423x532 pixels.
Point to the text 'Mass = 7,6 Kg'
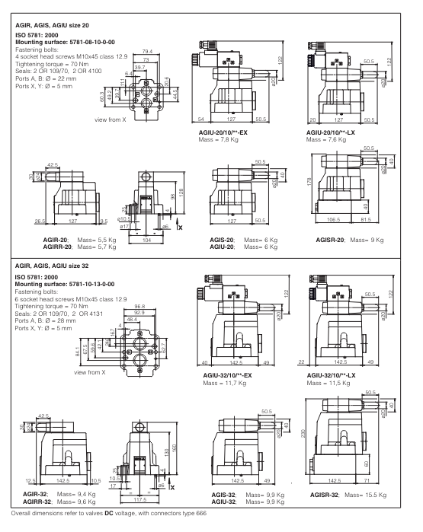coord(326,138)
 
